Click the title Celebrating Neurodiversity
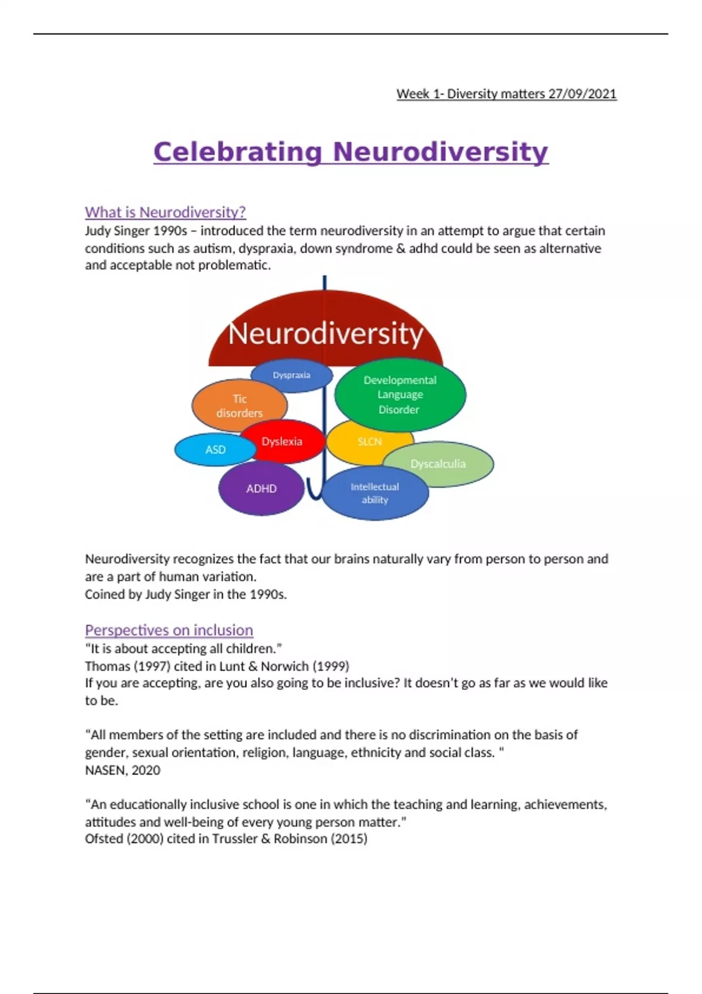350,152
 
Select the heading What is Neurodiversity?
165,212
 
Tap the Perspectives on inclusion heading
168,630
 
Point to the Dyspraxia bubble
291,375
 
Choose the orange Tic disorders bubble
239,405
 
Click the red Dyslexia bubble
282,441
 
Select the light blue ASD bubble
215,450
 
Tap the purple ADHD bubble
261,488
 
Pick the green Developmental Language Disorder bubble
400,395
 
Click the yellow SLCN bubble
369,441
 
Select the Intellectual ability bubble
375,493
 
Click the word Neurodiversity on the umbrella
325,333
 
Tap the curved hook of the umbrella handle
314,495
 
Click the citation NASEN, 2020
122,770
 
